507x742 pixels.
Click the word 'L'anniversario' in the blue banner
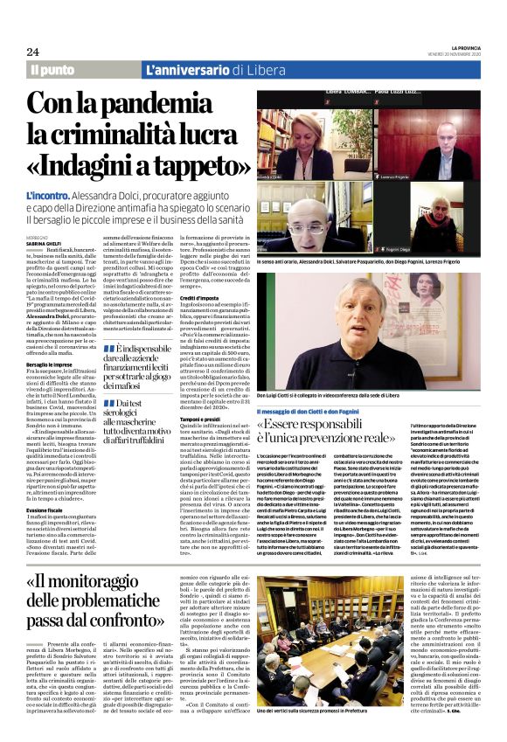click(180, 69)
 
